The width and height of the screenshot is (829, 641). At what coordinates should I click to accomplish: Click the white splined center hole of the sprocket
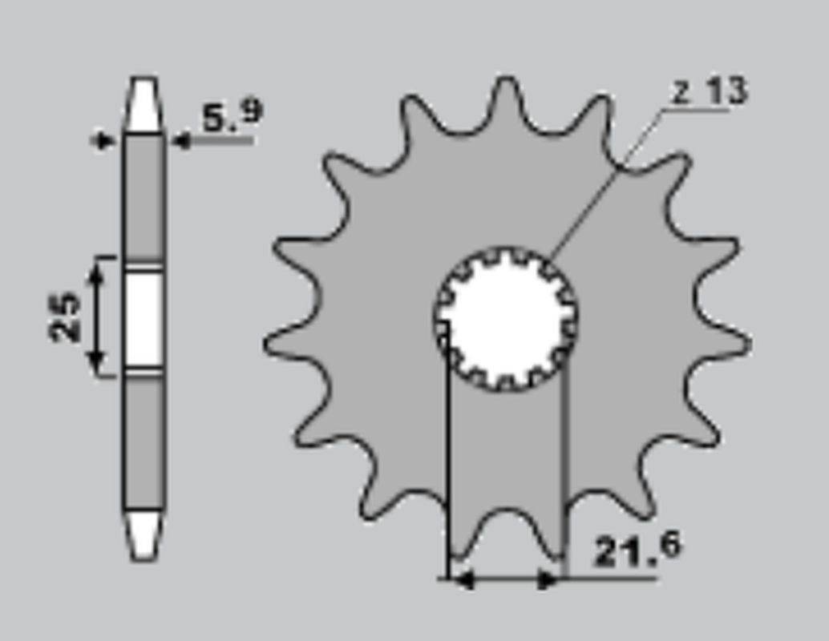click(505, 319)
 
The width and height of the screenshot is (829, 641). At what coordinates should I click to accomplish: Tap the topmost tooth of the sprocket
click(506, 98)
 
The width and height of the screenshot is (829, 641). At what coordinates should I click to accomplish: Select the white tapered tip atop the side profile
click(143, 105)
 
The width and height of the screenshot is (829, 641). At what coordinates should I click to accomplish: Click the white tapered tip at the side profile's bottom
click(144, 534)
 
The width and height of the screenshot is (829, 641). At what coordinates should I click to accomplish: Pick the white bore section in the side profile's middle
click(144, 319)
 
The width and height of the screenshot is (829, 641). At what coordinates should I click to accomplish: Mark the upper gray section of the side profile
click(144, 197)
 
